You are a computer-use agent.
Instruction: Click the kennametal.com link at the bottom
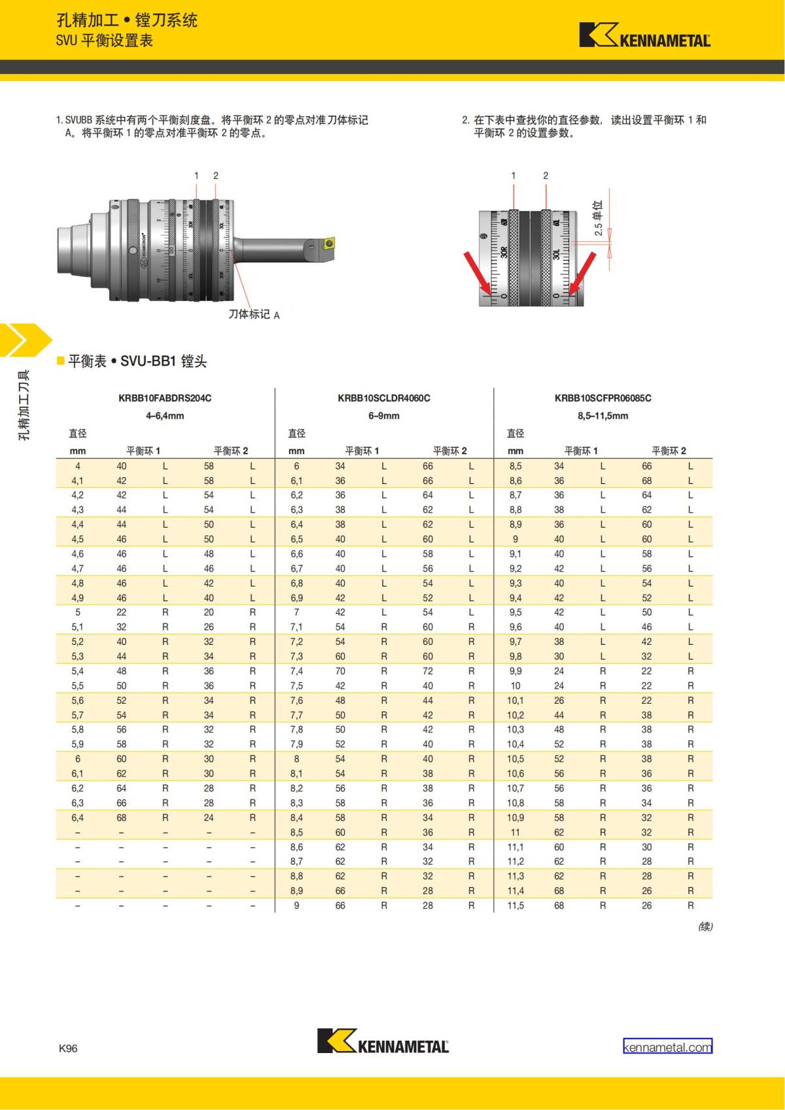pyautogui.click(x=667, y=1047)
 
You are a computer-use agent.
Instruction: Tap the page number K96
pyautogui.click(x=68, y=1048)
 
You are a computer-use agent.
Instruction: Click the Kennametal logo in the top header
pyautogui.click(x=645, y=35)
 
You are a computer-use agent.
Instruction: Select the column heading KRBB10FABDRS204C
pyautogui.click(x=165, y=398)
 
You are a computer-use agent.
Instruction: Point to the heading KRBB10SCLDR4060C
pyautogui.click(x=384, y=398)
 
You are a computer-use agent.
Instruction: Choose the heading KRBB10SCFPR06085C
pyautogui.click(x=602, y=398)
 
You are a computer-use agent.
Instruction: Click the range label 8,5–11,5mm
pyautogui.click(x=602, y=416)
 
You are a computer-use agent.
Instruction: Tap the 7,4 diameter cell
pyautogui.click(x=296, y=671)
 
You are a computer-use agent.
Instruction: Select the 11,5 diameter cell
pyautogui.click(x=515, y=905)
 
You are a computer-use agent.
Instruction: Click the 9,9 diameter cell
pyautogui.click(x=515, y=671)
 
